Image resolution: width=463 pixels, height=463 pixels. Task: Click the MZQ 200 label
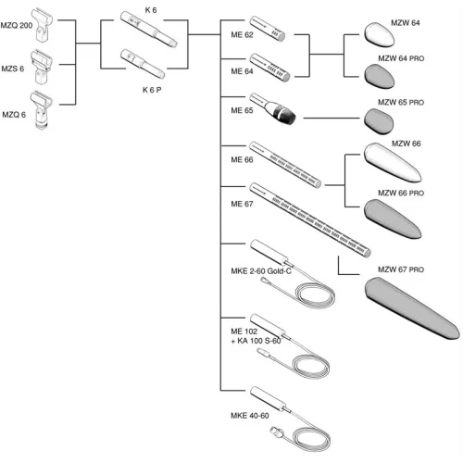coord(17,25)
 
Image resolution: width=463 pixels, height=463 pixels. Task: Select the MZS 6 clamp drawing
coord(41,67)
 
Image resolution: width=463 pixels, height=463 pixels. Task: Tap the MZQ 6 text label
coord(14,115)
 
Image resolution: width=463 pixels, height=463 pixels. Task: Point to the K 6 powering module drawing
coord(149,30)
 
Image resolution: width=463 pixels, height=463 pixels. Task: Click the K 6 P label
coord(152,90)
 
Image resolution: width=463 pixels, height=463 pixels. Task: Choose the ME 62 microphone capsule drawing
coord(268,29)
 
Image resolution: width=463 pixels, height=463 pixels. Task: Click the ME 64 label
coord(242,71)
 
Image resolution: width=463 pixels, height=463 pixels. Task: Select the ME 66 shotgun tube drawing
coord(285,165)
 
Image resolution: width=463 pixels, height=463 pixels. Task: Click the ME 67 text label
coord(242,204)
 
